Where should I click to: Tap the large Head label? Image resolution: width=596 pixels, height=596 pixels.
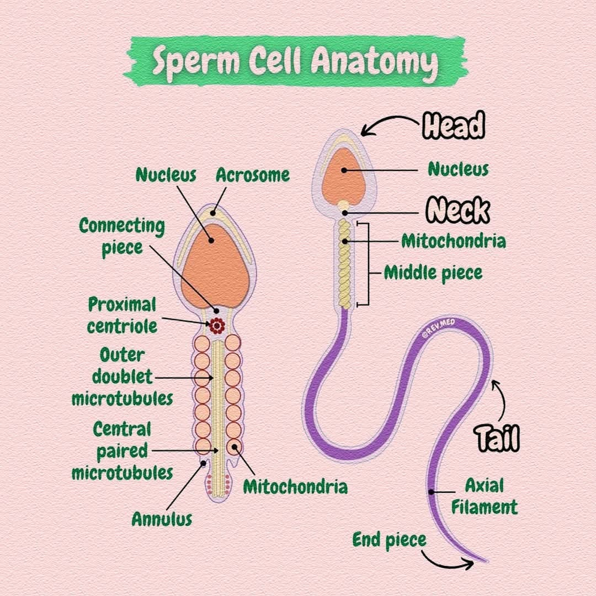pos(454,125)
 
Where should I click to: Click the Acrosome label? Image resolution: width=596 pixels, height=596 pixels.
pos(253,175)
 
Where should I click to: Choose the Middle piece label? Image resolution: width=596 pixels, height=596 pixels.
pos(433,273)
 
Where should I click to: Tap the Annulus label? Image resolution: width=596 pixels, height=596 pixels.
pos(162,519)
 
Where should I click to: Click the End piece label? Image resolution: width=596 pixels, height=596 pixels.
pos(389,540)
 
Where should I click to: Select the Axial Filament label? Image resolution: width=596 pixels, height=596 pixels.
pos(485,496)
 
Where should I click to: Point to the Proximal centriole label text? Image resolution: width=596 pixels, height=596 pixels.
pos(122,315)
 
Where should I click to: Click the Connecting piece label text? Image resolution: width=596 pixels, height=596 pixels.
pos(122,237)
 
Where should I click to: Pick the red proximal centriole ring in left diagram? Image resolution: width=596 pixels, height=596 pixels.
pos(217,326)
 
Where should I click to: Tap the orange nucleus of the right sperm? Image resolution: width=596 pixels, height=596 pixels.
pos(344,177)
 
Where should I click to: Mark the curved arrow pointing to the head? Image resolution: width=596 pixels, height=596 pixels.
pos(389,124)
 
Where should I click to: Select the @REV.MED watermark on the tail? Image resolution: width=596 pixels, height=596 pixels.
pos(438,329)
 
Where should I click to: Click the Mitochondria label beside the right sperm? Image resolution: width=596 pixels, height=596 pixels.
pos(454,241)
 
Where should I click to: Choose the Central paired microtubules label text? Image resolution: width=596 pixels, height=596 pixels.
pos(122,451)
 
